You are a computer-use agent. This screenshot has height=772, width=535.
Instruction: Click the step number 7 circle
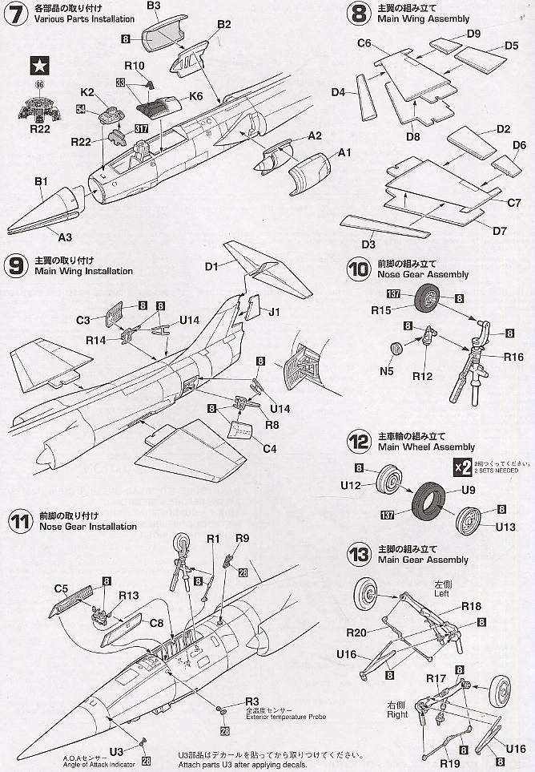tap(15, 14)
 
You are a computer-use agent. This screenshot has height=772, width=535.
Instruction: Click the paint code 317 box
tap(142, 127)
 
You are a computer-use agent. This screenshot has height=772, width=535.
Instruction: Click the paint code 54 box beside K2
tap(81, 107)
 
